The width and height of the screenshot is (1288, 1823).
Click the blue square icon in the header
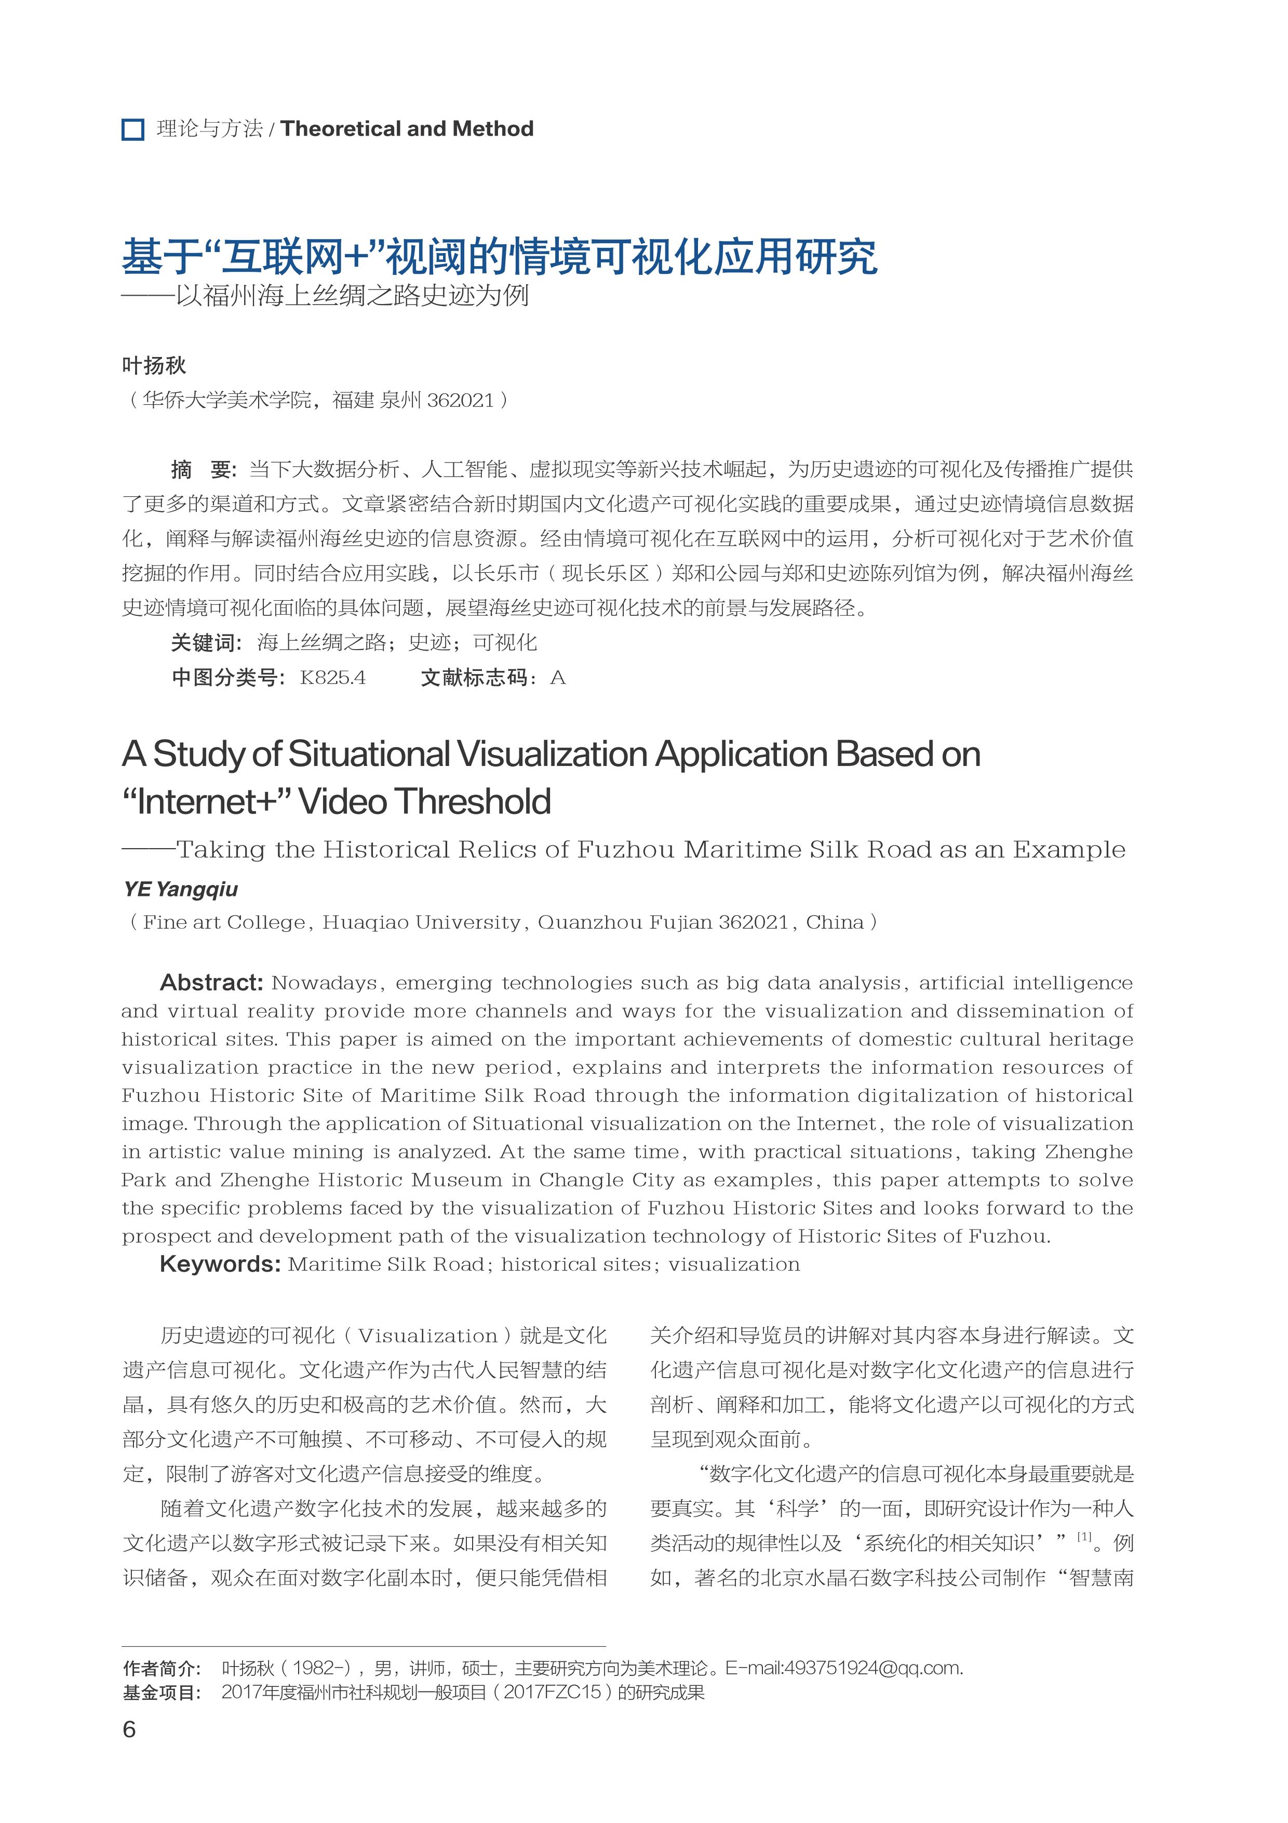[132, 129]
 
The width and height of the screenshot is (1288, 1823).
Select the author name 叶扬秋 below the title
[154, 365]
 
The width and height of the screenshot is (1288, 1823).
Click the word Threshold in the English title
[475, 801]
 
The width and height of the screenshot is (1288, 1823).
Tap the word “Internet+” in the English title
[206, 801]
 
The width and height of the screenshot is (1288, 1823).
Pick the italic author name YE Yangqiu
[180, 889]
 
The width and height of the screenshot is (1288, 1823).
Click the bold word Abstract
[211, 983]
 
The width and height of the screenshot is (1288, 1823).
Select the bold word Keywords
[220, 1264]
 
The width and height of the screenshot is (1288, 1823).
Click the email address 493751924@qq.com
[873, 1668]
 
